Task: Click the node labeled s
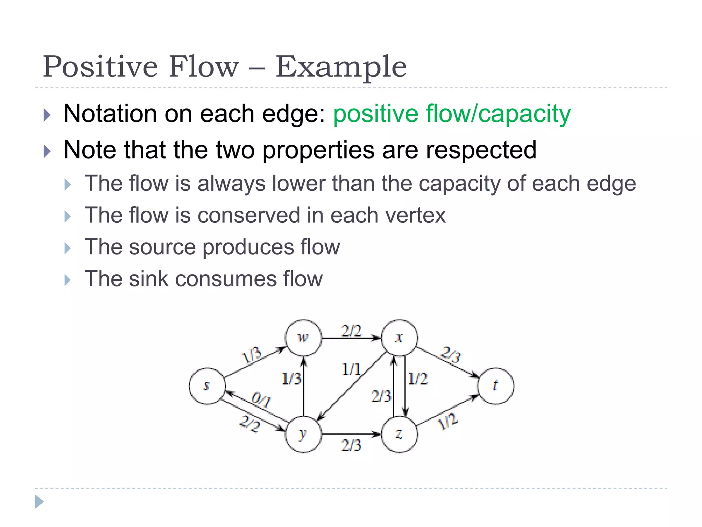[x=207, y=386]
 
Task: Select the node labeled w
[x=303, y=338]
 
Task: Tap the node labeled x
[x=399, y=338]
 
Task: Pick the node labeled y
[x=303, y=434]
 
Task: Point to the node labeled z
[x=399, y=434]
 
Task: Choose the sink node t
[x=496, y=386]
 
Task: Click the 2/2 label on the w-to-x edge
[x=351, y=331]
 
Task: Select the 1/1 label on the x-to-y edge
[x=351, y=370]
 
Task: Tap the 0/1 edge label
[x=261, y=399]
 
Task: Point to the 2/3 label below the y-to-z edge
[x=351, y=445]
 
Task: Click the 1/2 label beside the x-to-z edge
[x=418, y=379]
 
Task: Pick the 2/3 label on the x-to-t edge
[x=451, y=354]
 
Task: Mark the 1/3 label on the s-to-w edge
[x=252, y=355]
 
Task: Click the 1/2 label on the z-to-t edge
[x=448, y=421]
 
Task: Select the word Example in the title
[x=341, y=67]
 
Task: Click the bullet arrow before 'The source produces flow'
[x=68, y=248]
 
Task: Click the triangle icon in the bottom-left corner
[x=39, y=502]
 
